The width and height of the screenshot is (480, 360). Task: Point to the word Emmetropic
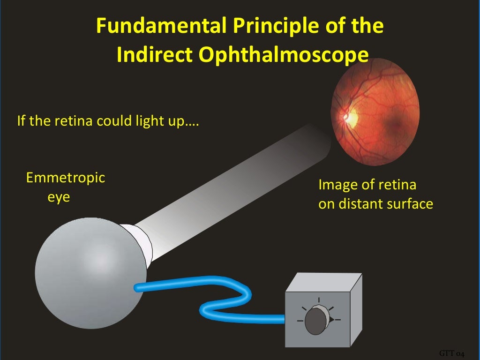tap(66, 178)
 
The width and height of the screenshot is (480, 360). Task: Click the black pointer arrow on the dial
tap(332, 320)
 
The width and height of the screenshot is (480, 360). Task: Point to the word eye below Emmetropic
tap(59, 197)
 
